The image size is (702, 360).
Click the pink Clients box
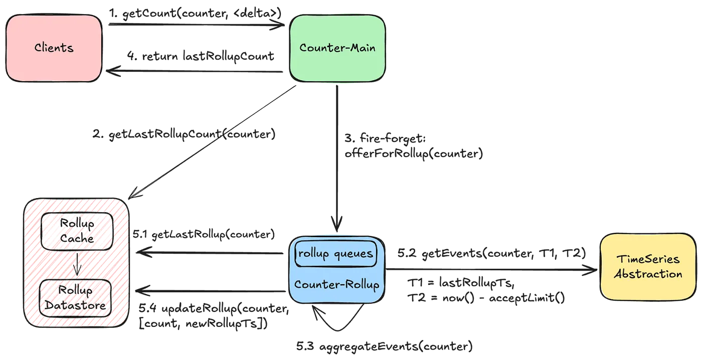pos(54,48)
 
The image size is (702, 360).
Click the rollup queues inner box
pos(335,253)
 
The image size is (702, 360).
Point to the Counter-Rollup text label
pos(336,284)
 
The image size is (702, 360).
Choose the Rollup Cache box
pos(76,230)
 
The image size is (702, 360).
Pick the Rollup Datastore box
pos(76,298)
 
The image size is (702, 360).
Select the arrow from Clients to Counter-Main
pos(196,23)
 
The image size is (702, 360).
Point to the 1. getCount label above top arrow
pos(196,12)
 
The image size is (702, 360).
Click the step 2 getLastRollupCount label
pos(185,135)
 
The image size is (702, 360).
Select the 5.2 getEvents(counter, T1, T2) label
pos(491,254)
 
